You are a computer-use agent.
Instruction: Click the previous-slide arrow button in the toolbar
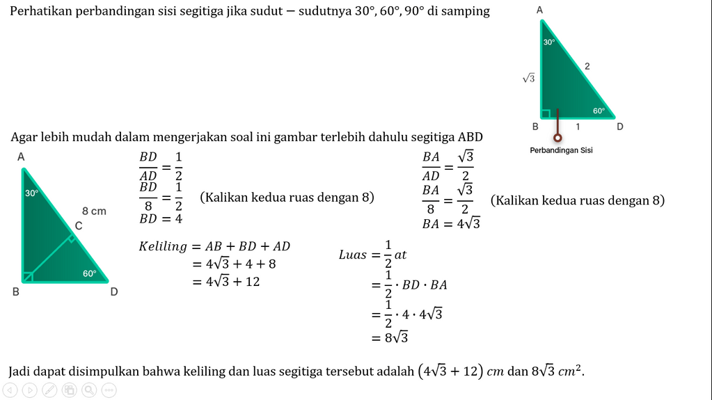pyautogui.click(x=10, y=390)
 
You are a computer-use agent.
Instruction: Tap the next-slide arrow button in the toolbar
pyautogui.click(x=30, y=390)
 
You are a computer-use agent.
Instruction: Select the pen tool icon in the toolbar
pyautogui.click(x=50, y=390)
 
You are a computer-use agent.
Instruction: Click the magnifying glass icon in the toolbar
pyautogui.click(x=89, y=390)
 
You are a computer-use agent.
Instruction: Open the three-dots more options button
pyautogui.click(x=109, y=390)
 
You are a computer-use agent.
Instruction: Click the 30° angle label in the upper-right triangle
pyautogui.click(x=549, y=42)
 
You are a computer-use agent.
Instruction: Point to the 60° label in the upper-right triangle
pyautogui.click(x=599, y=111)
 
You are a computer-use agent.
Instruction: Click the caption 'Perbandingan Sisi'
pyautogui.click(x=561, y=150)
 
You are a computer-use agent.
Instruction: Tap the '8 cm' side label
pyautogui.click(x=94, y=211)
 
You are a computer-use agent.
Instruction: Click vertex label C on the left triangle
pyautogui.click(x=79, y=225)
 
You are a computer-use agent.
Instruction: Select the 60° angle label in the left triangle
pyautogui.click(x=90, y=273)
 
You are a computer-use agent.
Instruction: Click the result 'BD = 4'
pyautogui.click(x=160, y=218)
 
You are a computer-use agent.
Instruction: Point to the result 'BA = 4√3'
pyautogui.click(x=450, y=224)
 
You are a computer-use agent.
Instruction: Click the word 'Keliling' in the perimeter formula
pyautogui.click(x=163, y=246)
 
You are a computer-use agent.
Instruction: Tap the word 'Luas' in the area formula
pyautogui.click(x=352, y=255)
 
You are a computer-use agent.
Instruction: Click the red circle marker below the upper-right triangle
pyautogui.click(x=557, y=138)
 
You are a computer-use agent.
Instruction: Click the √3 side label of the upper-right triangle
pyautogui.click(x=529, y=79)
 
